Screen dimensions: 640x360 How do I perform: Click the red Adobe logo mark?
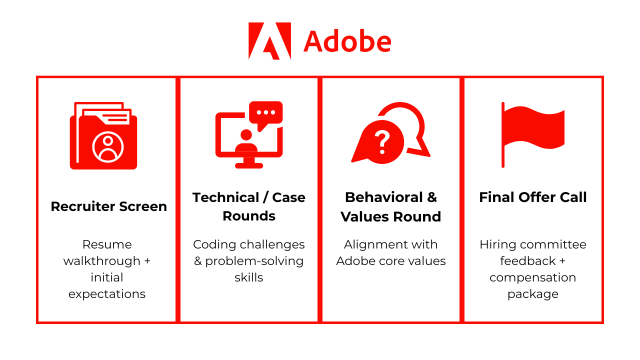click(x=269, y=41)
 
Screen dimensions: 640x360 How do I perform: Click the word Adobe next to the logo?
click(x=347, y=41)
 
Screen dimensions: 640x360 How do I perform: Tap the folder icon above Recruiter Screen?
click(x=103, y=135)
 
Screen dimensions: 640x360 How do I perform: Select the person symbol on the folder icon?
click(x=108, y=147)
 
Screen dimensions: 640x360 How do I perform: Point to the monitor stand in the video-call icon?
click(x=249, y=163)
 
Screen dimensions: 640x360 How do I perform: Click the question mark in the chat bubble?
click(x=382, y=142)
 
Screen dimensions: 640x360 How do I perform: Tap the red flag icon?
click(x=533, y=134)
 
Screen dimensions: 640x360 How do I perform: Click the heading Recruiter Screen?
click(x=109, y=206)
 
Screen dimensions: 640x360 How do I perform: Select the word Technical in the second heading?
click(x=225, y=197)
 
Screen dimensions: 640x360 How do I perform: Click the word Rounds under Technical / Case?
click(x=249, y=216)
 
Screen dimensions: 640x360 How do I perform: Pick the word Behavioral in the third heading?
click(x=384, y=197)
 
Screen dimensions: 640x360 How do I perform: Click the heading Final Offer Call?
click(x=533, y=197)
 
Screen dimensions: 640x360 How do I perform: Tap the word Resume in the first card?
click(x=107, y=244)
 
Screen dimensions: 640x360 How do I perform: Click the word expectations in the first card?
click(x=107, y=294)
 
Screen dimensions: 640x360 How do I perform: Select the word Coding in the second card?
click(x=214, y=245)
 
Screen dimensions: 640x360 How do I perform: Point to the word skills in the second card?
click(x=249, y=277)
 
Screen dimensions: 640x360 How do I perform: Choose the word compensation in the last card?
click(x=533, y=278)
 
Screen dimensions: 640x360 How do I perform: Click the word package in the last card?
click(x=533, y=294)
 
